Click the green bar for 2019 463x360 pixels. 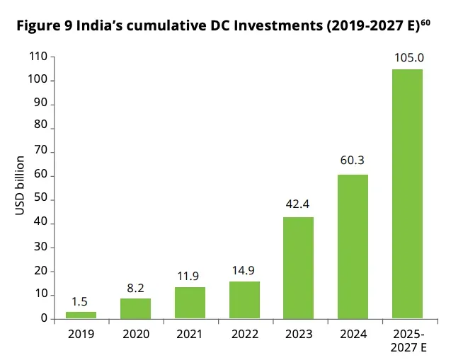coord(81,315)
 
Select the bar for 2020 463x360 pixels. coord(135,308)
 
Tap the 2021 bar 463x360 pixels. coord(190,303)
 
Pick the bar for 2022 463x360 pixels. coord(244,300)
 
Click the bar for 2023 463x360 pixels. coord(298,267)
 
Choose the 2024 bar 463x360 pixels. coord(353,246)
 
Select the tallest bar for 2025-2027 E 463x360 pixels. coord(407,194)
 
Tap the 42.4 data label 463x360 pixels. coord(298,205)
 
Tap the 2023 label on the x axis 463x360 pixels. coord(298,333)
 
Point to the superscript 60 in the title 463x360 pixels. coord(425,23)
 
